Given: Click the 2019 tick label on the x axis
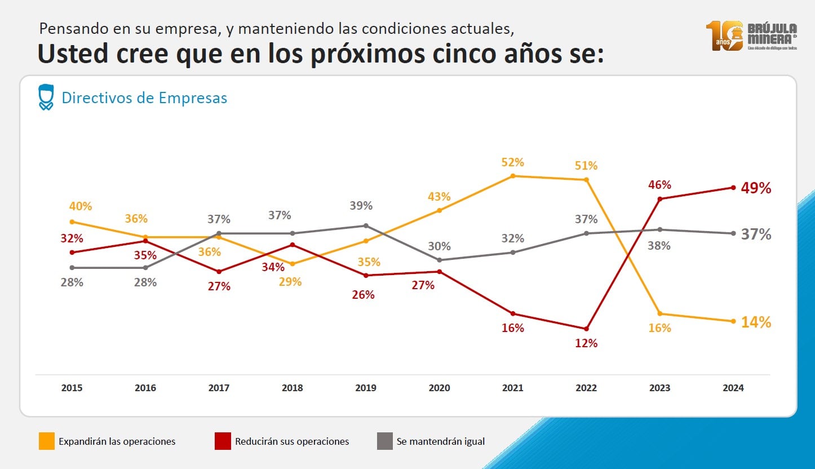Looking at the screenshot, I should click(x=365, y=388).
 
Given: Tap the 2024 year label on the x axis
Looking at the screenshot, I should click(x=733, y=388).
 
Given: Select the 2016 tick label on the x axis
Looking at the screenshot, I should click(x=145, y=388).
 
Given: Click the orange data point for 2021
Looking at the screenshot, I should click(x=513, y=176).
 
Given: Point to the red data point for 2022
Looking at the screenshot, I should click(x=586, y=329).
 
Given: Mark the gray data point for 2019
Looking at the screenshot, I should click(x=366, y=225).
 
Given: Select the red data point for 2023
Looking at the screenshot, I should click(x=659, y=198).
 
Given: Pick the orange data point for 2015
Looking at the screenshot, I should click(x=72, y=222).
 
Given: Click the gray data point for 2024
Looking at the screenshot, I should click(x=733, y=233).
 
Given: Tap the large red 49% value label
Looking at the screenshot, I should click(x=756, y=188).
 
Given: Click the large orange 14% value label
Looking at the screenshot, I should click(x=756, y=322).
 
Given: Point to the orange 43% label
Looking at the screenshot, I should click(x=439, y=197).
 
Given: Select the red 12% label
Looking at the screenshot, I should click(x=586, y=343).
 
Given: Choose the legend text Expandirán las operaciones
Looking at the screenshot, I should click(x=117, y=441).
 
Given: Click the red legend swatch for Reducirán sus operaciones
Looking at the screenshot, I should click(x=223, y=441).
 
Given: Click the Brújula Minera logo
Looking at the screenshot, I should click(x=751, y=36).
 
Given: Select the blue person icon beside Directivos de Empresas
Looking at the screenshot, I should click(x=46, y=97).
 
